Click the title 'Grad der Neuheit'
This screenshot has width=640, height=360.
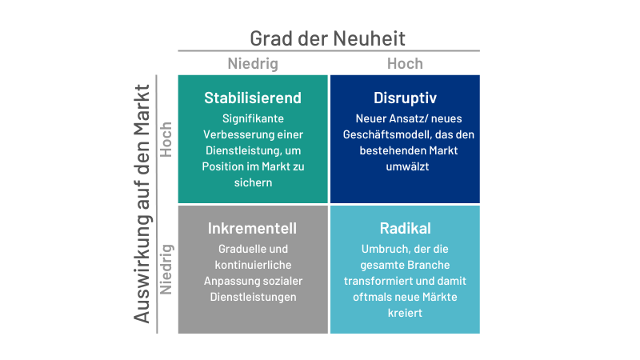tap(327, 38)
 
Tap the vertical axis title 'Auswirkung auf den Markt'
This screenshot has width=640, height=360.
tap(142, 204)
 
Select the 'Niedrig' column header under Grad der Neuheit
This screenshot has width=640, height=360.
tap(253, 64)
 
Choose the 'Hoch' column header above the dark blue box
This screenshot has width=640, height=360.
tap(405, 64)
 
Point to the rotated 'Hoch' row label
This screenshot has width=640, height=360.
tap(166, 139)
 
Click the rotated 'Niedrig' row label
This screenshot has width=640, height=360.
tap(166, 270)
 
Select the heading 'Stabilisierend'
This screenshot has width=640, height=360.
tap(253, 98)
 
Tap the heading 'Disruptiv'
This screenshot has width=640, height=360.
tap(405, 98)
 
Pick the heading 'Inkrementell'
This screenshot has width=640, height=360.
tap(252, 229)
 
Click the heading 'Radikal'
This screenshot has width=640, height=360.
tap(405, 229)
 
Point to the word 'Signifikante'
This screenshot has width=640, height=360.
tap(253, 118)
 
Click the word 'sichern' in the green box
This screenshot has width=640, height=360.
tap(253, 182)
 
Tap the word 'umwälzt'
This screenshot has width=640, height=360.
tap(407, 166)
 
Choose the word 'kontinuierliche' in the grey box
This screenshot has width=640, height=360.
tap(253, 265)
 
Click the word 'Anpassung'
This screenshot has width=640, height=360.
tap(229, 282)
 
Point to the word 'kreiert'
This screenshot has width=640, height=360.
tap(405, 313)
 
